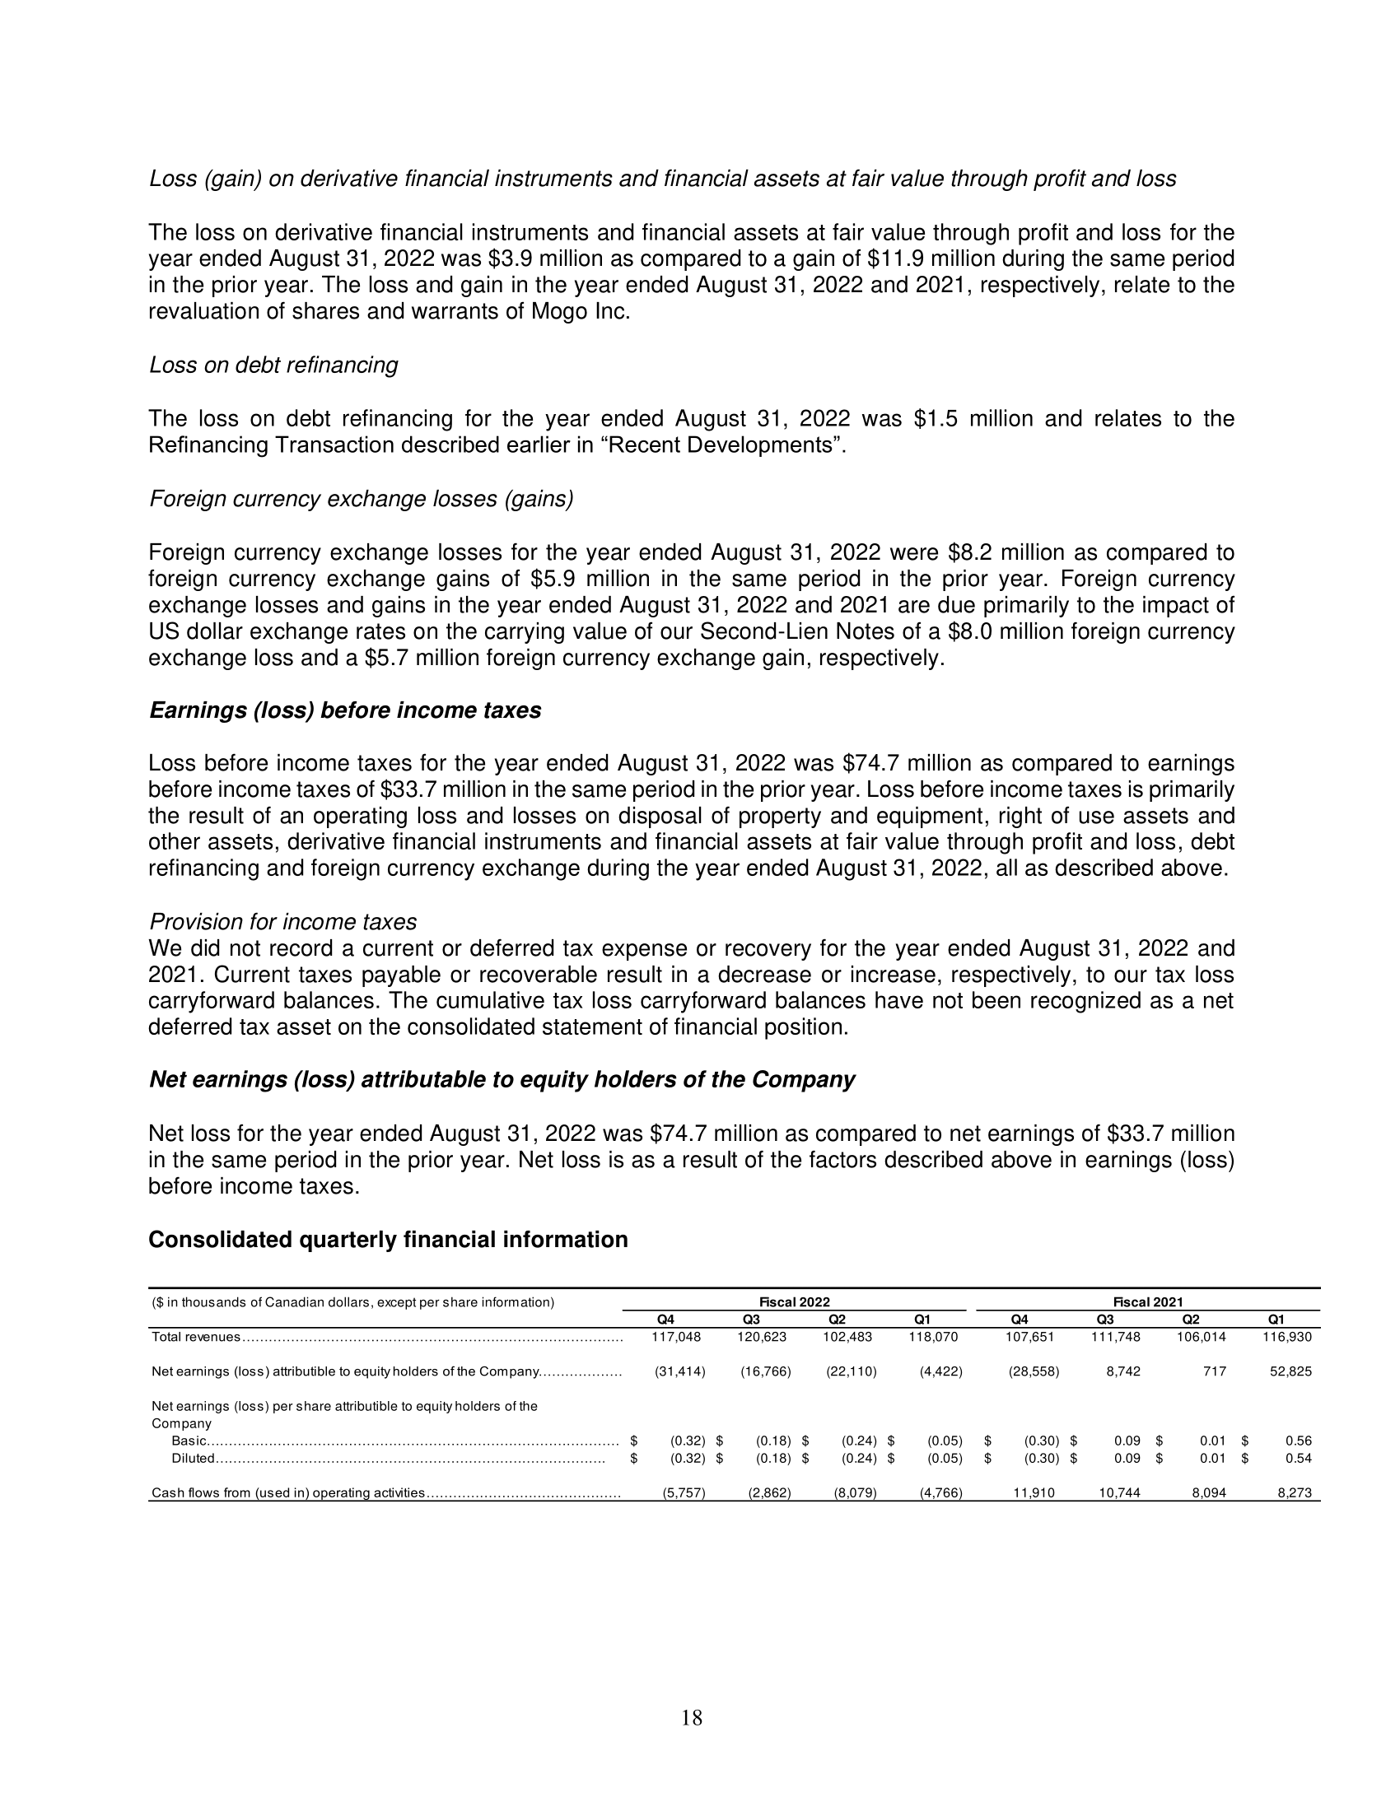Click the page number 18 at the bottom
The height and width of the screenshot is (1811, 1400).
pos(691,1717)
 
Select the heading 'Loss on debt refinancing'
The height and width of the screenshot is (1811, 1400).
pos(273,365)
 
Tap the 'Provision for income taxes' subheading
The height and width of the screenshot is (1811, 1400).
pos(282,921)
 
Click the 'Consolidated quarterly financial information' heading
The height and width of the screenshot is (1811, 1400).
pos(387,1239)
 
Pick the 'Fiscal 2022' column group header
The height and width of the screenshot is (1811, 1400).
pos(794,1302)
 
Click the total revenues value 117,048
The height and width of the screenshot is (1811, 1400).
pos(677,1337)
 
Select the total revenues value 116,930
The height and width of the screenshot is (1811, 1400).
pos(1286,1337)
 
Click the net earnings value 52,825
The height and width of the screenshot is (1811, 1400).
pos(1290,1371)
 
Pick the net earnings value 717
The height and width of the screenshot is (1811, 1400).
pos(1214,1371)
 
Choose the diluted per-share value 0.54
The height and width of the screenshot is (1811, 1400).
pos(1298,1458)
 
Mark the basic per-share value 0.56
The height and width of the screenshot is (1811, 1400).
pos(1298,1441)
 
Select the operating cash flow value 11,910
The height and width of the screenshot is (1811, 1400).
pos(1034,1492)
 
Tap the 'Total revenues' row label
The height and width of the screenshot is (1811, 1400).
pos(196,1337)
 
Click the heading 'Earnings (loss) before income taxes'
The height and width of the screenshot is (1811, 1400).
pos(344,710)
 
